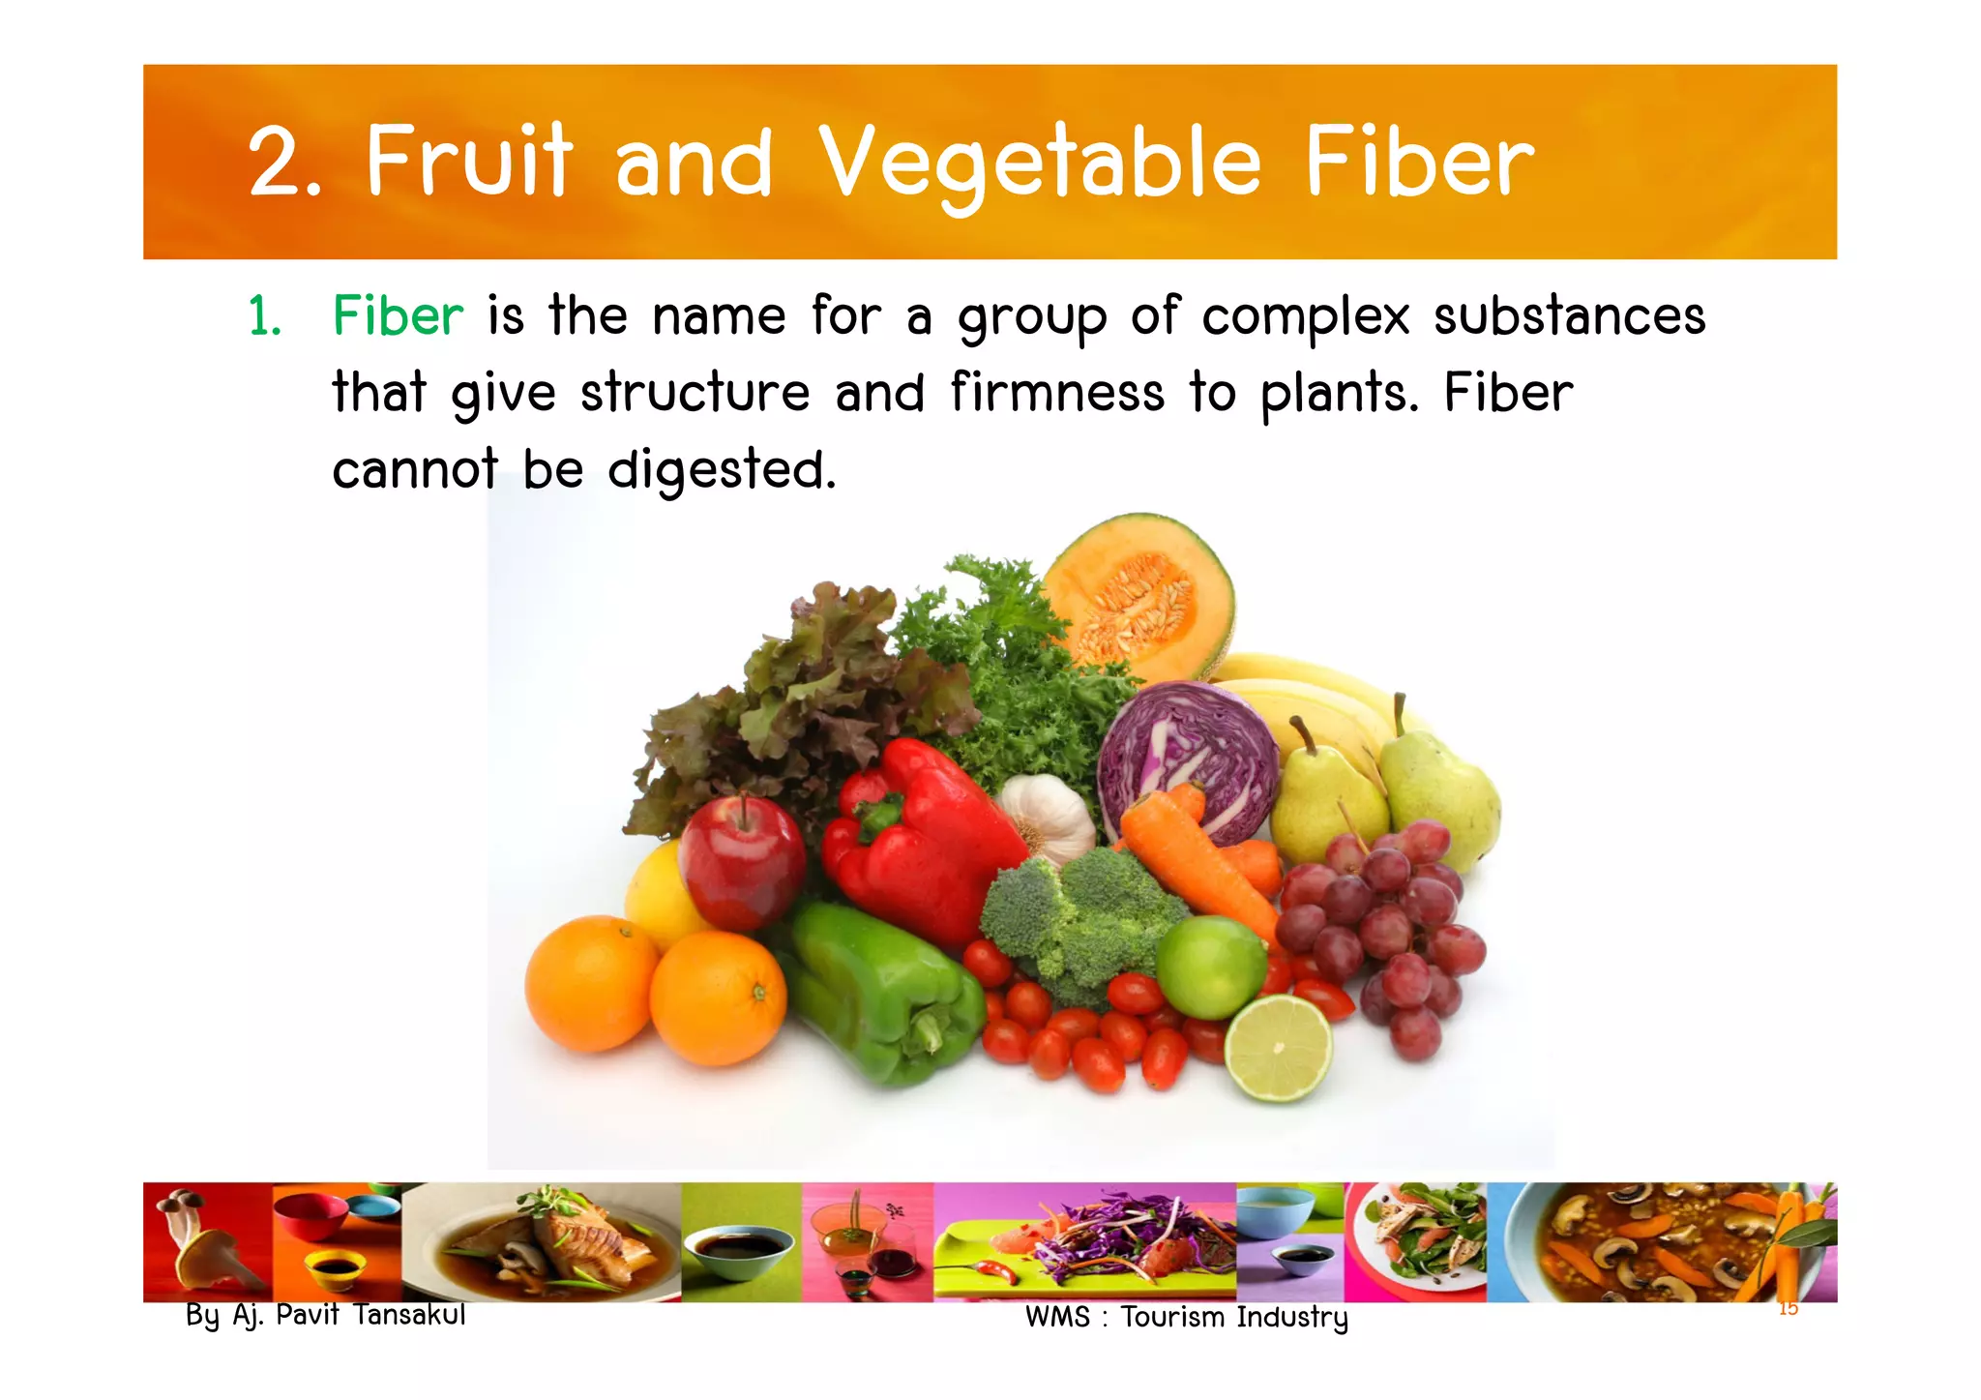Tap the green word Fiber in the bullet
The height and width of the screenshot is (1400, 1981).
398,316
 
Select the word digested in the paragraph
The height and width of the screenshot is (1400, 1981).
721,470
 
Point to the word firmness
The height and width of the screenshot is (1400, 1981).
1057,393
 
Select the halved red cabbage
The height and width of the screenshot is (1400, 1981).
1190,755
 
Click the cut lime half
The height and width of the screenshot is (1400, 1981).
1278,1048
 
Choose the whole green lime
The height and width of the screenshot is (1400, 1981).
1210,965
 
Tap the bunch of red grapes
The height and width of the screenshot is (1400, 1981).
1383,929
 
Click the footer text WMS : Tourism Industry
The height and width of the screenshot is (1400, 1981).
1186,1317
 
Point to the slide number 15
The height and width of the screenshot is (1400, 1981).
1788,1309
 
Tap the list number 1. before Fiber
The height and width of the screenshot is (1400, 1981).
264,317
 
